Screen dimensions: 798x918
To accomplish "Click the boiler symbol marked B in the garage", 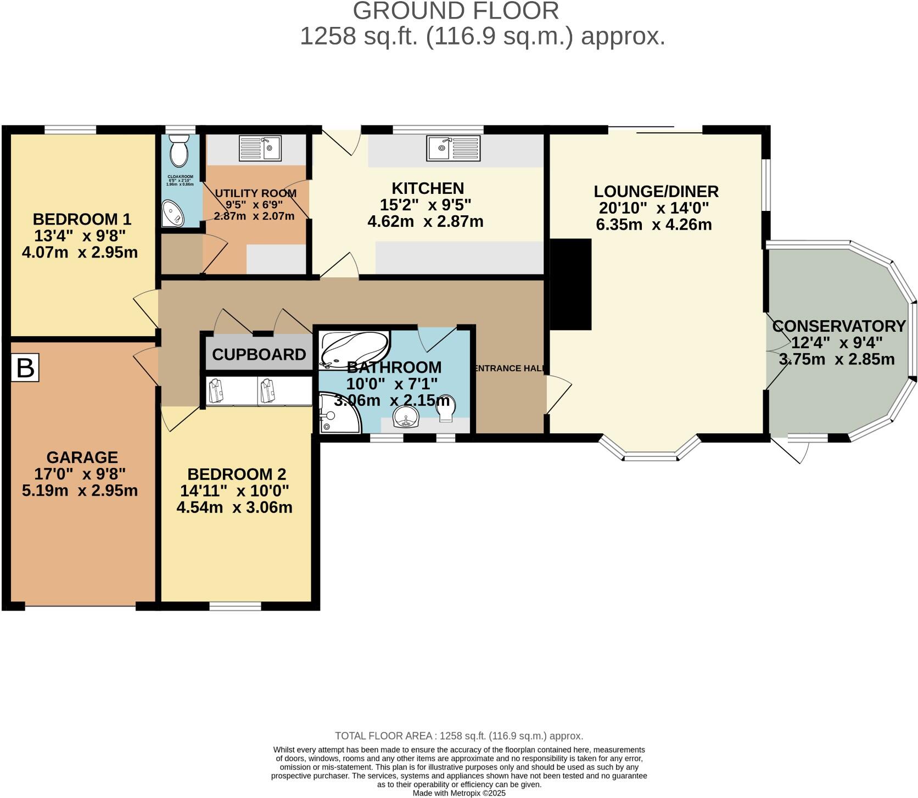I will [25, 367].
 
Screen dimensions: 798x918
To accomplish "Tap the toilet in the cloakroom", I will [179, 152].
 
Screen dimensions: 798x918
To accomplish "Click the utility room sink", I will [260, 148].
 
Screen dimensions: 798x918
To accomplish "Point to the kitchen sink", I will [454, 148].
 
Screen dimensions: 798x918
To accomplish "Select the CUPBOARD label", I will [259, 355].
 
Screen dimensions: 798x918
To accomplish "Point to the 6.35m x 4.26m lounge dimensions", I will [653, 225].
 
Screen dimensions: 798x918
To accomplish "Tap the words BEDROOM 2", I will [237, 474].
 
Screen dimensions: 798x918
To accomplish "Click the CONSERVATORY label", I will [838, 326].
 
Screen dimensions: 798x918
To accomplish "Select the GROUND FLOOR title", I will [456, 11].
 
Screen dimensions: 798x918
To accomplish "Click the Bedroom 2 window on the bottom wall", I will [235, 606].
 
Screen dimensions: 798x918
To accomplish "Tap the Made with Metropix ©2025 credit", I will [459, 793].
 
